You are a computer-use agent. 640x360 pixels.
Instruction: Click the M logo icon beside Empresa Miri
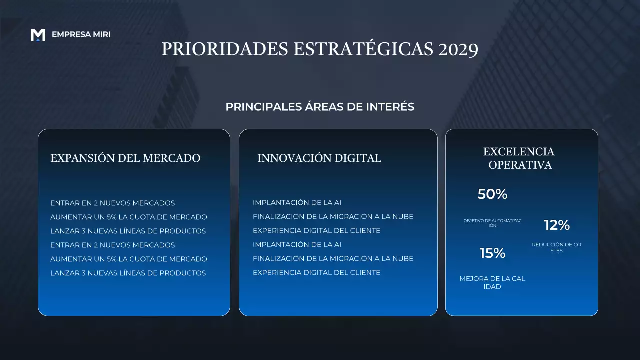[38, 35]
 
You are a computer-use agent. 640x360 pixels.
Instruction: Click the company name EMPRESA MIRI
[81, 35]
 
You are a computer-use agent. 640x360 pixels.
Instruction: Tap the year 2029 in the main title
[458, 49]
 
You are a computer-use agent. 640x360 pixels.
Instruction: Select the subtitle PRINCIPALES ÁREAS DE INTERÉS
[320, 107]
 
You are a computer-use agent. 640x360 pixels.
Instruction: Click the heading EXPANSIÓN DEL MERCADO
[125, 158]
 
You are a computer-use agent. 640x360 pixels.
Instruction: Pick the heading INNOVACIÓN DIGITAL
[319, 158]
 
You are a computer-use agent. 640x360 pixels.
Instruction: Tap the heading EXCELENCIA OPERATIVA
[519, 158]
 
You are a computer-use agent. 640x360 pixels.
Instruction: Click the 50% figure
[492, 194]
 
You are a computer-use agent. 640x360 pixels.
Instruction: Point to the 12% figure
[557, 225]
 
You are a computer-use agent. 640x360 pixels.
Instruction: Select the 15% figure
[492, 253]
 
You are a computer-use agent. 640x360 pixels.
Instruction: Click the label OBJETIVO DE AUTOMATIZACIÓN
[492, 223]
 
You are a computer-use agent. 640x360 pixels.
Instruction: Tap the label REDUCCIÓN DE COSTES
[556, 247]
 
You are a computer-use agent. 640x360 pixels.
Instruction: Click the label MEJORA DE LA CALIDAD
[492, 283]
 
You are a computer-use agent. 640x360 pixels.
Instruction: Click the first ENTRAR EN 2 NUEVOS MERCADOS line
[113, 203]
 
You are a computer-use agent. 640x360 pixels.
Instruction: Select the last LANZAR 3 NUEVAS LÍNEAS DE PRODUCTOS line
[128, 273]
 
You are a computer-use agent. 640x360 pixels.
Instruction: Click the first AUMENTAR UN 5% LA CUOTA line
[129, 217]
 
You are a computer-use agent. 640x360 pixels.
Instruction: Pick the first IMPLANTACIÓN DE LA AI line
[297, 203]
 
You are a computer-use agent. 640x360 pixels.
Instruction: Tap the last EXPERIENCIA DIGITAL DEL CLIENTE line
[316, 273]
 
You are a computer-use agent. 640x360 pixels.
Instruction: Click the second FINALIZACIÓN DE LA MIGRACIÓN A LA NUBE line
[333, 259]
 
